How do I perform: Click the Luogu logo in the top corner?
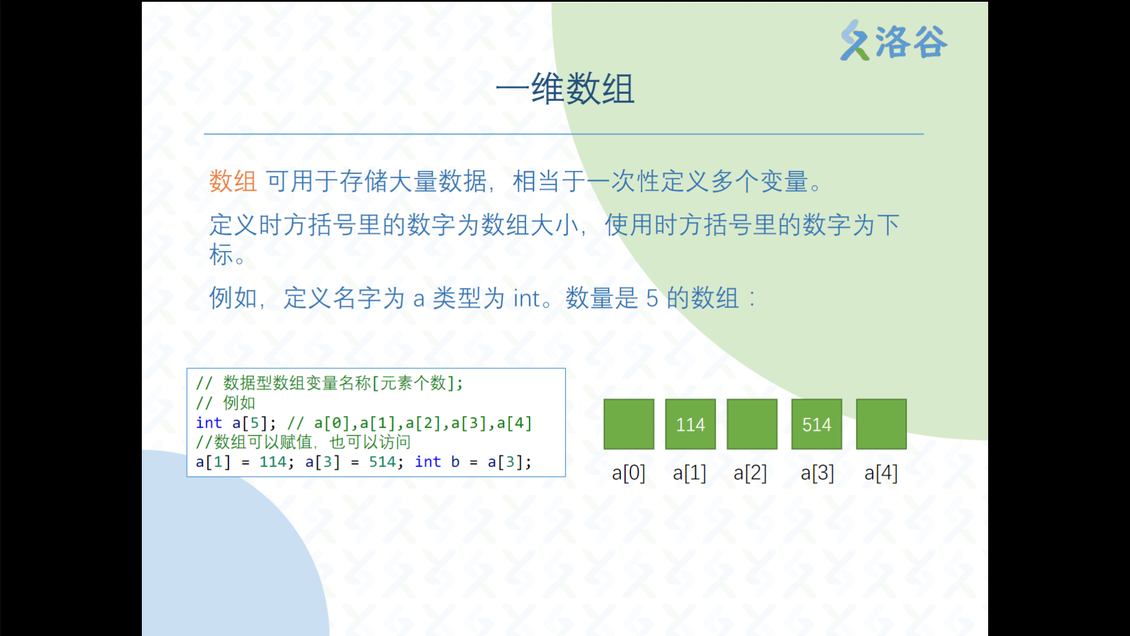(893, 41)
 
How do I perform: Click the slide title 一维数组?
(565, 89)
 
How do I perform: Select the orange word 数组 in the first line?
(233, 181)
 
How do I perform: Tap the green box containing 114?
(690, 424)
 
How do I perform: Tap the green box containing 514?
(816, 424)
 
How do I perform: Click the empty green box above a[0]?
(629, 424)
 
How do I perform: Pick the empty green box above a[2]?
(752, 424)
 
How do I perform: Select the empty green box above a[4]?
(881, 424)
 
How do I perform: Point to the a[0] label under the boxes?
(629, 473)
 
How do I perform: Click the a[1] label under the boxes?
(690, 473)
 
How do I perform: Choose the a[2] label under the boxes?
(750, 473)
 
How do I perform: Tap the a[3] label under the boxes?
(817, 473)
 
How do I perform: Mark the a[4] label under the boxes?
(881, 473)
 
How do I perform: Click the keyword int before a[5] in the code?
(209, 423)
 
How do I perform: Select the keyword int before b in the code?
(428, 462)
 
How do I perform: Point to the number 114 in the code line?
(272, 462)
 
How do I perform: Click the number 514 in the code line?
(382, 462)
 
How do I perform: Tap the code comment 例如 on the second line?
(239, 403)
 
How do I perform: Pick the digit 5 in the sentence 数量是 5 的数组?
(652, 299)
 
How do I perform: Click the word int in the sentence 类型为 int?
(526, 299)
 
